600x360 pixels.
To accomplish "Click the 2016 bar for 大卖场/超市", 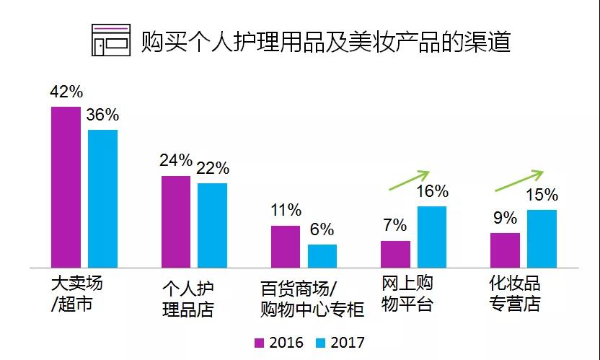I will (66, 187).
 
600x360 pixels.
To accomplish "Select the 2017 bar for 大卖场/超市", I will (102, 198).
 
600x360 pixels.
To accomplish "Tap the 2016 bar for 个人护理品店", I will (176, 221).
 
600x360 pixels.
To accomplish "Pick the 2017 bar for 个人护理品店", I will (212, 225).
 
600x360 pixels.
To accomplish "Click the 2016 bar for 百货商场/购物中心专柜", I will (286, 246).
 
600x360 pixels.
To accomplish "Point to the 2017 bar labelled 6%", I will (322, 256).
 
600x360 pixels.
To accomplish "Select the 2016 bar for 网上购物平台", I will (395, 254).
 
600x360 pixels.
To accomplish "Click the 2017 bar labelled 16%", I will (432, 237).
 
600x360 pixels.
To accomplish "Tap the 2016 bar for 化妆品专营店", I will (505, 250).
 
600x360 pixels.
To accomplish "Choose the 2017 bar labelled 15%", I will (542, 238).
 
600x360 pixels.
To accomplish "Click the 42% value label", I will (66, 92).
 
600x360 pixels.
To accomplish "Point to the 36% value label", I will (102, 115).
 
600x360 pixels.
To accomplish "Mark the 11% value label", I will (286, 211).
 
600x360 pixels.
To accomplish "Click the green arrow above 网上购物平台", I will (409, 180).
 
